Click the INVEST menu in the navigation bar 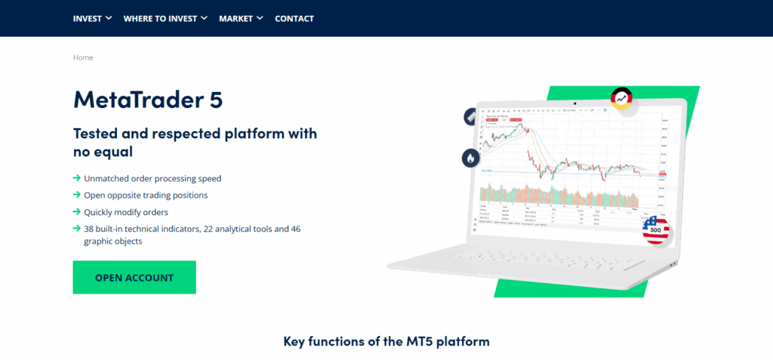[x=92, y=18]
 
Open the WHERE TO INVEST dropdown [x=165, y=18]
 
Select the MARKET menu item [x=241, y=18]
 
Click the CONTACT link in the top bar [x=294, y=18]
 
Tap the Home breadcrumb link [x=83, y=57]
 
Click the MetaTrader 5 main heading [x=147, y=100]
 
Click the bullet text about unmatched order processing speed [x=152, y=179]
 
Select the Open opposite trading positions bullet [x=146, y=195]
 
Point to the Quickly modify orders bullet [x=126, y=212]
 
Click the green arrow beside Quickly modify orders [x=77, y=212]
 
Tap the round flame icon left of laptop [x=471, y=158]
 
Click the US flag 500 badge [x=656, y=229]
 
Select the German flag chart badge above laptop [x=622, y=98]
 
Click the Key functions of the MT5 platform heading [x=386, y=341]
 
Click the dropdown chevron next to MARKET [x=260, y=18]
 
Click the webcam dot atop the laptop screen [x=574, y=103]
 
